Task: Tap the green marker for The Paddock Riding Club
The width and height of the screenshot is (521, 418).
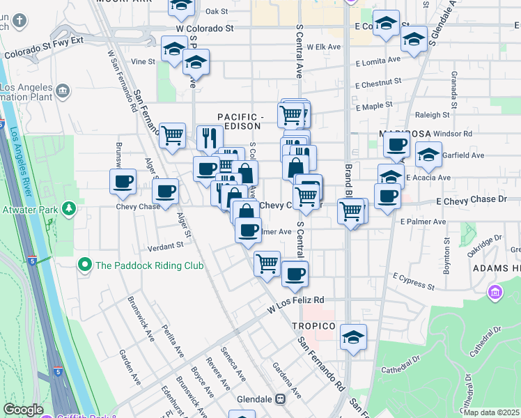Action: (x=84, y=265)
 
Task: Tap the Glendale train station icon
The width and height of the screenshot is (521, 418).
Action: (x=281, y=399)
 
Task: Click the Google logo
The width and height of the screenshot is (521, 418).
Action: (x=23, y=410)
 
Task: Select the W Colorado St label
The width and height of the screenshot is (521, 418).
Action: (x=204, y=29)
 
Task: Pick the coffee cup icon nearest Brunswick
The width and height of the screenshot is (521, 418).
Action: (x=123, y=182)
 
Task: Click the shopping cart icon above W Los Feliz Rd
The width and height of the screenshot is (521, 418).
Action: (x=267, y=263)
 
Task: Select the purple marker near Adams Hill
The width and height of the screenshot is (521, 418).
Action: (x=495, y=292)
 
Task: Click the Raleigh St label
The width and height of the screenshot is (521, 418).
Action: (x=433, y=114)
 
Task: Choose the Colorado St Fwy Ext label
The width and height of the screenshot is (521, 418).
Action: (x=43, y=52)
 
